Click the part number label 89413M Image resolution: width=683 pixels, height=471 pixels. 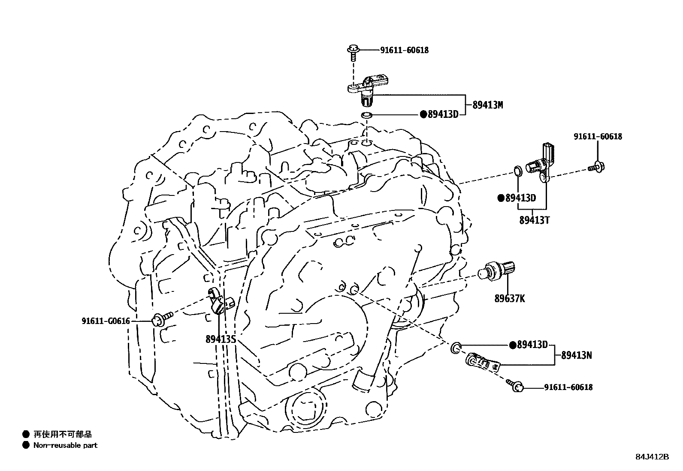coord(487,105)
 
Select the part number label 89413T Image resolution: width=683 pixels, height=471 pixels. coord(534,221)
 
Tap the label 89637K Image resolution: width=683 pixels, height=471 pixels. coord(509,299)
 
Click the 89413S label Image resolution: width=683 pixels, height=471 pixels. coord(221,339)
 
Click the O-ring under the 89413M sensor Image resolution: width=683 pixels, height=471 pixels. coord(366,115)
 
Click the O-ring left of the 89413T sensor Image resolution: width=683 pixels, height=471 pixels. coord(517,171)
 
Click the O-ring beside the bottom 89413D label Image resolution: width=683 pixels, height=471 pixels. coord(456,347)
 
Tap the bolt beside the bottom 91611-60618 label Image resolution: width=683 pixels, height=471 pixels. coord(515,385)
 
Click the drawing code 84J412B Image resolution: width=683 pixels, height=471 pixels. coord(652,457)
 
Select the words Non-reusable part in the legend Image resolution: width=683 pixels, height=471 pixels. coord(65,445)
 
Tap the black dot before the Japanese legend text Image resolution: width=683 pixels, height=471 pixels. coord(26,434)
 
